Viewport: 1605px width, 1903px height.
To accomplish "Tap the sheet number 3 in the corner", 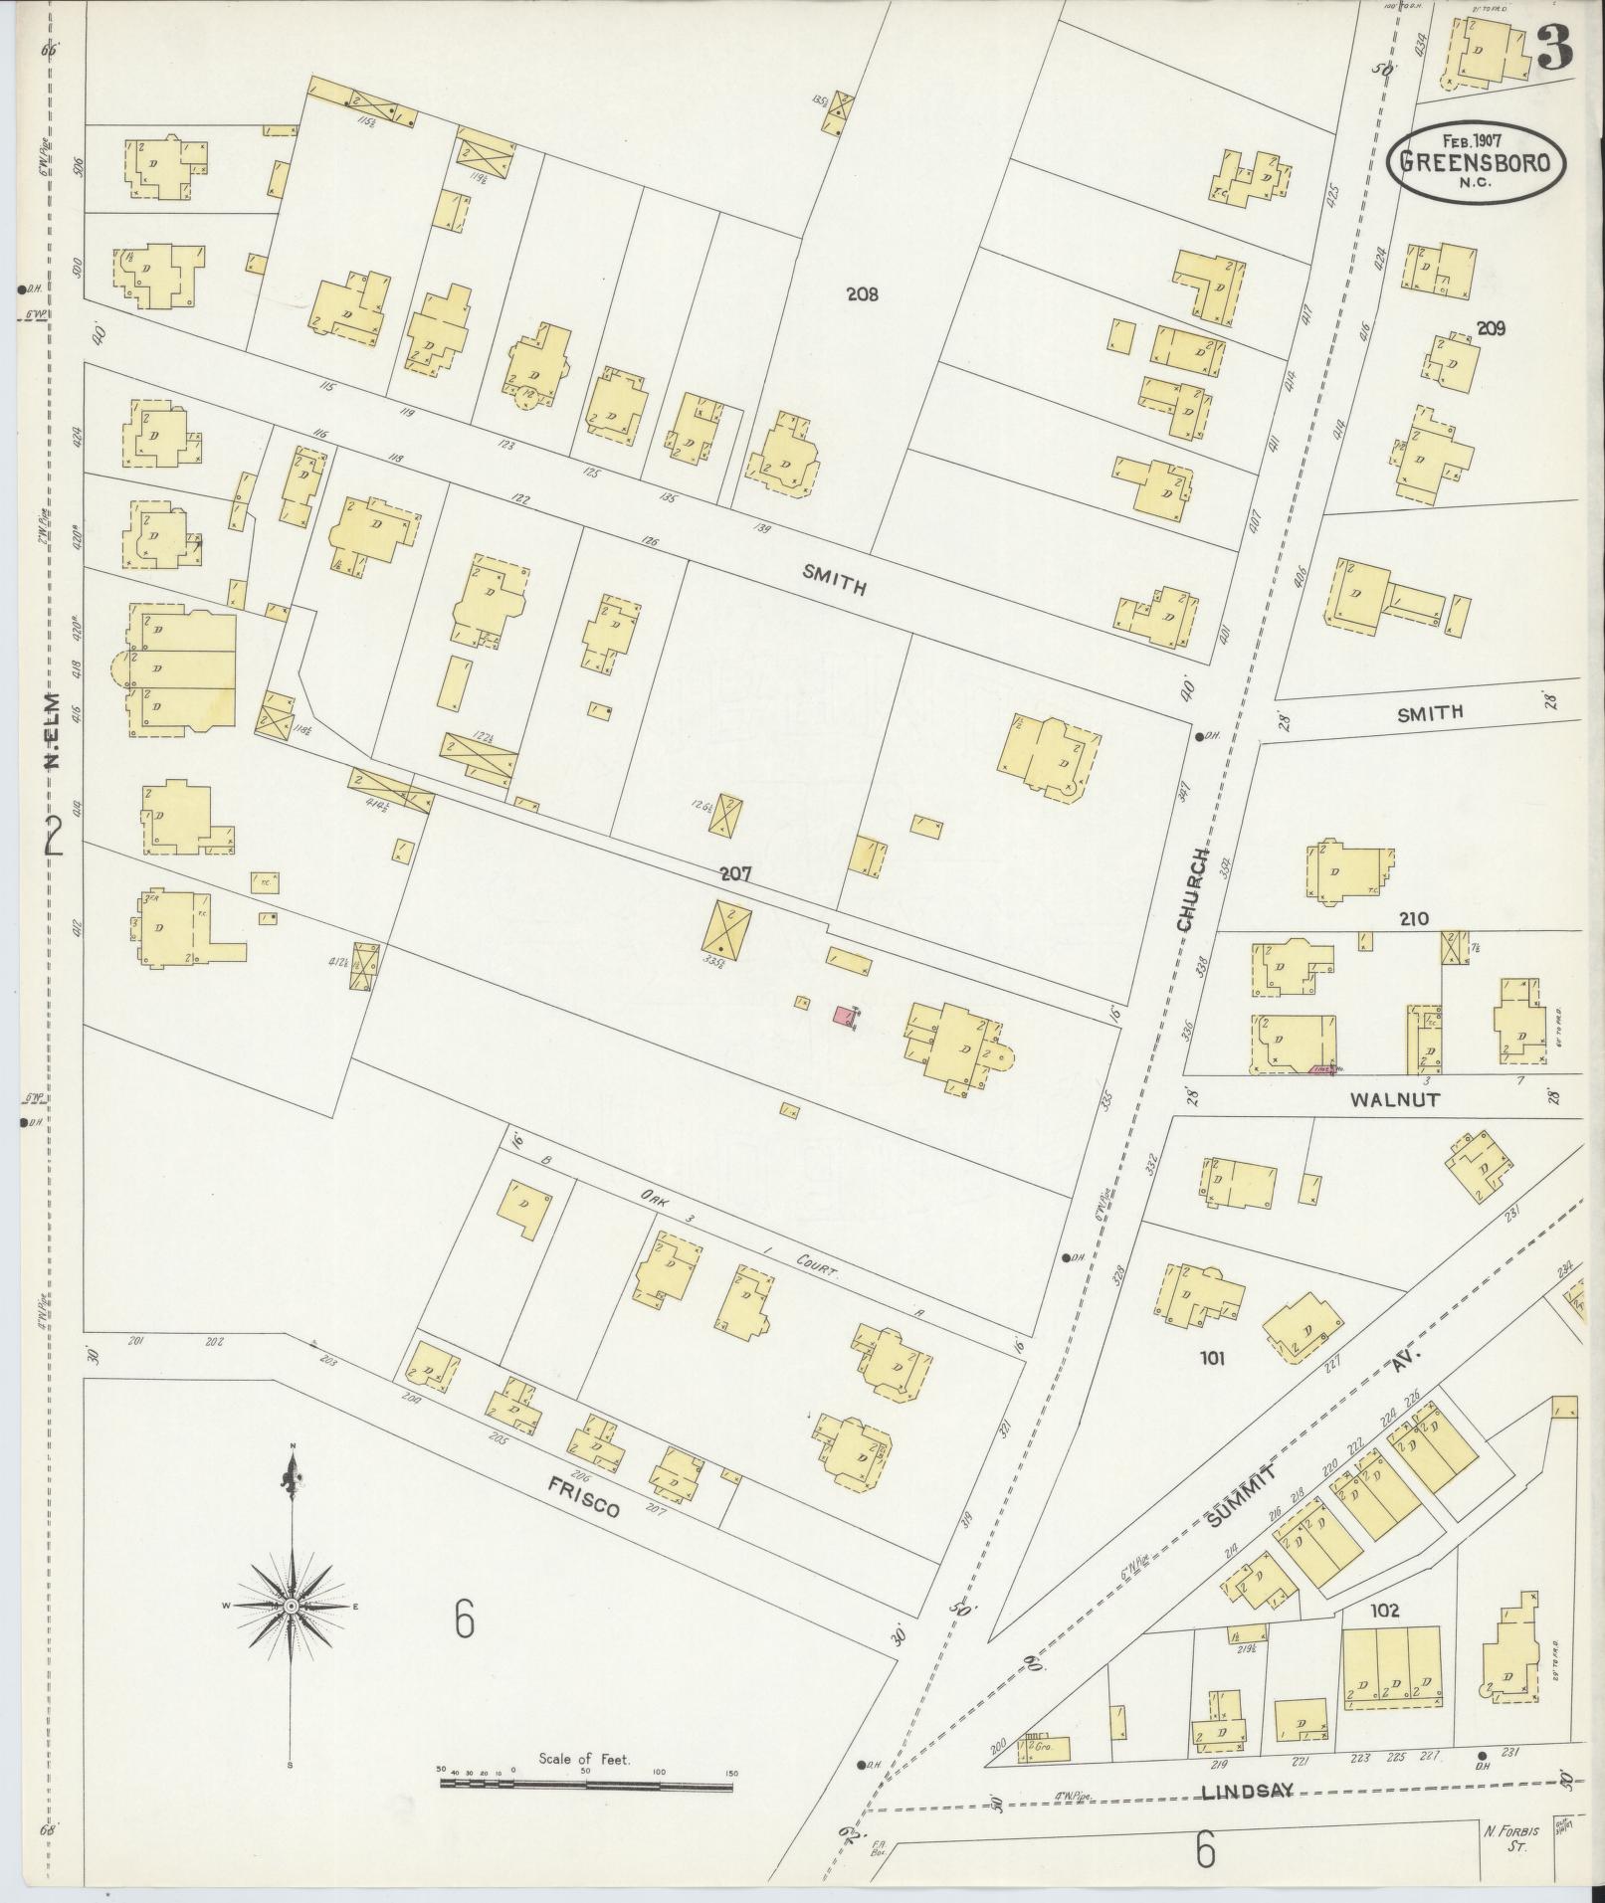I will click(1555, 48).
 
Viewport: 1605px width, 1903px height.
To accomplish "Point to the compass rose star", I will click(291, 1607).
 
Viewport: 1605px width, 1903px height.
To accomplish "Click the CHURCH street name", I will click(1191, 890).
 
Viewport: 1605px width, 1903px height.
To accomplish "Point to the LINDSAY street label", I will click(1248, 1791).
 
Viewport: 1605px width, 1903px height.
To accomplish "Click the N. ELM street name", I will click(52, 731).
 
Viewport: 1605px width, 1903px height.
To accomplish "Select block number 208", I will click(862, 294).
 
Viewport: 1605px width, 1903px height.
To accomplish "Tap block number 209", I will click(1491, 328).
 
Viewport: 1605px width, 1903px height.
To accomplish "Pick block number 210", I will click(1413, 919).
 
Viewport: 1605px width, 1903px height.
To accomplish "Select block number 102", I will click(1384, 1610).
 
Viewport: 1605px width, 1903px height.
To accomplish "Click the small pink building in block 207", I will click(844, 1016).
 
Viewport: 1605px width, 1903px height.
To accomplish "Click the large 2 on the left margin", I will click(55, 836).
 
